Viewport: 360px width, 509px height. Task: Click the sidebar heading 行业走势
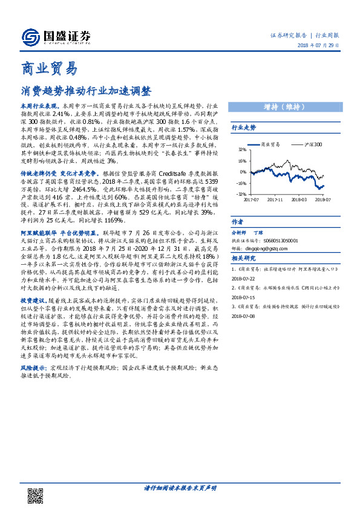pyautogui.click(x=244, y=128)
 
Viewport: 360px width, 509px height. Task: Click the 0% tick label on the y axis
pyautogui.click(x=243, y=172)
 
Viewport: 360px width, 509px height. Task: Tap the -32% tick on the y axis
pyautogui.click(x=241, y=194)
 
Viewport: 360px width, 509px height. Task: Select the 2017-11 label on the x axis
pyautogui.click(x=275, y=198)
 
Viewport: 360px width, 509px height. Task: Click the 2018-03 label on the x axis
pyautogui.click(x=299, y=198)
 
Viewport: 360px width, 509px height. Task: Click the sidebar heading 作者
pyautogui.click(x=237, y=221)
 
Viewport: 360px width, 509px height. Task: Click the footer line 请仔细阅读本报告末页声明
pyautogui.click(x=180, y=488)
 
